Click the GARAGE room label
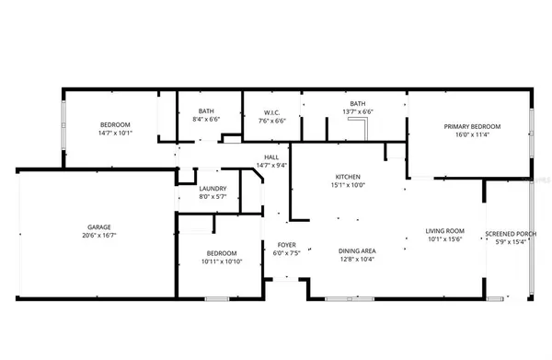[100, 226]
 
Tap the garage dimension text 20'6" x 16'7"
[100, 236]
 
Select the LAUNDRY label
[213, 187]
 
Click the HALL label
[272, 157]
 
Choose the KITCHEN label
[347, 176]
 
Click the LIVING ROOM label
[444, 231]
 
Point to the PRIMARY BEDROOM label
[472, 126]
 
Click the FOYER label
[286, 244]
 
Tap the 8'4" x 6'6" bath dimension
[206, 120]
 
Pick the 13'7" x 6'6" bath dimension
[357, 112]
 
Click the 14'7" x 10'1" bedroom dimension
[115, 134]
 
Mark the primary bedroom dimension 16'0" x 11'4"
[472, 135]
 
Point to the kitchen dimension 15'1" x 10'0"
[347, 185]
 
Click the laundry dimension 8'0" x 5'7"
[213, 196]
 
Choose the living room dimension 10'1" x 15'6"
[444, 240]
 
